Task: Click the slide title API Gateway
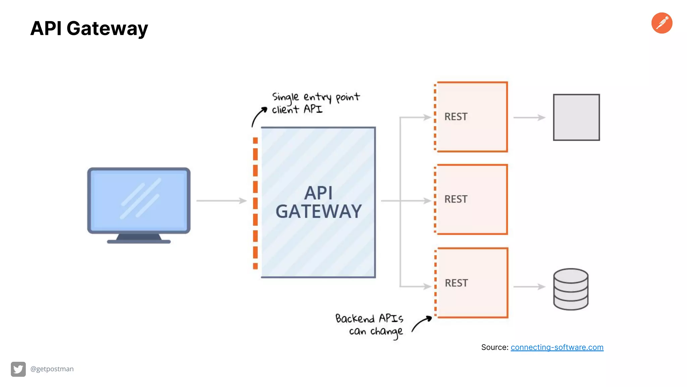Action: pyautogui.click(x=89, y=28)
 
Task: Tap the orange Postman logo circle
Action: pyautogui.click(x=662, y=23)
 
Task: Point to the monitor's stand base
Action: pyautogui.click(x=139, y=241)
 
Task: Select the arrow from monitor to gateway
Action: pyautogui.click(x=221, y=201)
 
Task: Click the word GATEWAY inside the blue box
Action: pyautogui.click(x=318, y=212)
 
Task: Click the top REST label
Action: pyautogui.click(x=456, y=117)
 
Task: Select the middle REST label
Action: pyautogui.click(x=456, y=199)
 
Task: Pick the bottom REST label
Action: pyautogui.click(x=456, y=283)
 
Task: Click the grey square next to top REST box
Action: pyautogui.click(x=576, y=117)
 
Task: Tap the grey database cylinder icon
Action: pyautogui.click(x=571, y=289)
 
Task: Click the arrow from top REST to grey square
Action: pyautogui.click(x=529, y=118)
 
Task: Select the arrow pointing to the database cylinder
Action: pyautogui.click(x=529, y=287)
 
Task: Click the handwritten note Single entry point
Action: pyautogui.click(x=315, y=97)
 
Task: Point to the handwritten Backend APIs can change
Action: pyautogui.click(x=369, y=325)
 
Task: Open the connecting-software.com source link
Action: pyautogui.click(x=557, y=347)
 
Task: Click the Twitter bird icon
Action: pyautogui.click(x=18, y=369)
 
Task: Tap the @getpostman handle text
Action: pyautogui.click(x=52, y=369)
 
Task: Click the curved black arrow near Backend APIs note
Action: pyautogui.click(x=421, y=323)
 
